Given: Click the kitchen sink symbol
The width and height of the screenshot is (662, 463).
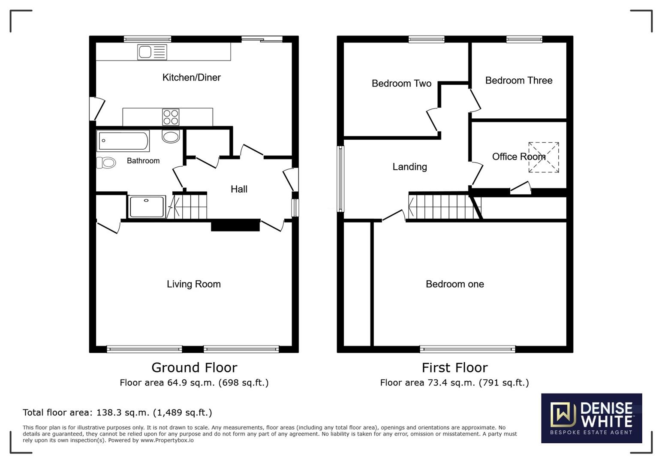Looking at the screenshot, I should click(x=152, y=52).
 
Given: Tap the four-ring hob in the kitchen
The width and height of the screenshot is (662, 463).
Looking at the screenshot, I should click(x=171, y=117).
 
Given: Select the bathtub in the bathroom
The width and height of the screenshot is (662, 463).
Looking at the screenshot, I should click(x=123, y=141).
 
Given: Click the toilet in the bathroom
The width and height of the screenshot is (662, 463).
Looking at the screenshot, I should click(x=106, y=162).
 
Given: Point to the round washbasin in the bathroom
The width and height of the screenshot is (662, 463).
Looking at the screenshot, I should click(x=171, y=137).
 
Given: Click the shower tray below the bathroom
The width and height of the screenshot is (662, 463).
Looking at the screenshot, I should click(x=147, y=207).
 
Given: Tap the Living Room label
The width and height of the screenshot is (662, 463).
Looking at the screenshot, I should click(x=193, y=284).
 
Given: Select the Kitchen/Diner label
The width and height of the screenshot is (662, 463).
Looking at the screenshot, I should click(x=191, y=78).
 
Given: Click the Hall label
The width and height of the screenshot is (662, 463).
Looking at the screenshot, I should click(x=239, y=189).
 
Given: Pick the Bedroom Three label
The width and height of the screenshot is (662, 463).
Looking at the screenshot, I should click(x=518, y=81).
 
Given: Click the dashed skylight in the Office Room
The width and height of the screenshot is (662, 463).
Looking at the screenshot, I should click(x=543, y=157).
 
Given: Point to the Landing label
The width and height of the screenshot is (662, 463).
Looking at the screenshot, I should click(x=409, y=167).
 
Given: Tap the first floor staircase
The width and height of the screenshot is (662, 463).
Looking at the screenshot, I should click(x=442, y=207).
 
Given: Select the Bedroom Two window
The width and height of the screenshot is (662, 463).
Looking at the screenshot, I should click(x=426, y=39).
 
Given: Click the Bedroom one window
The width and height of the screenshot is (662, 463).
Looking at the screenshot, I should click(x=467, y=349).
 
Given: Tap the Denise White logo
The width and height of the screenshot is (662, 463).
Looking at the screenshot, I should click(x=591, y=418).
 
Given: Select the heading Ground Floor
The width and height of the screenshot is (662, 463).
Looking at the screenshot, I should click(x=194, y=367).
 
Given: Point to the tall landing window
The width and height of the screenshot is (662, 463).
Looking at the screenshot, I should click(x=340, y=179).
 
